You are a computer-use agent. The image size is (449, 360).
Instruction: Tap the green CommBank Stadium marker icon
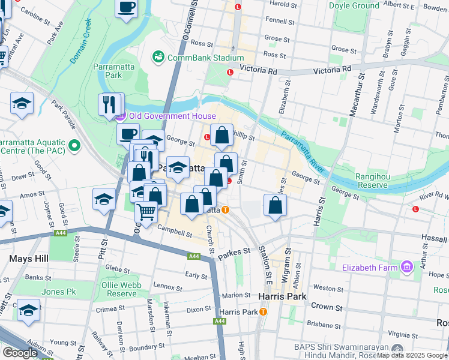pos(158,58)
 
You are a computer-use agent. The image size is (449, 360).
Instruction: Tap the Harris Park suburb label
pos(282,296)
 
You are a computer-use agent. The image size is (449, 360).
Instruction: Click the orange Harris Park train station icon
pos(263,312)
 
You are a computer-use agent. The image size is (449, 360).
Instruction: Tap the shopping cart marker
pos(146,212)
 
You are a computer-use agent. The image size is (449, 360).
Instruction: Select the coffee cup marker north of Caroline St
pos(126,8)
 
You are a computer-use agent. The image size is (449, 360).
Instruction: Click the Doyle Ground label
pos(354,6)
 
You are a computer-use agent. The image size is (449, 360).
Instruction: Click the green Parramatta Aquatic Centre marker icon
pos(74,146)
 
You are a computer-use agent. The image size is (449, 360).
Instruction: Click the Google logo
pos(20,353)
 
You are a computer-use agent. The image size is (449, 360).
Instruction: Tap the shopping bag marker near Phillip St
pos(221,135)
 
